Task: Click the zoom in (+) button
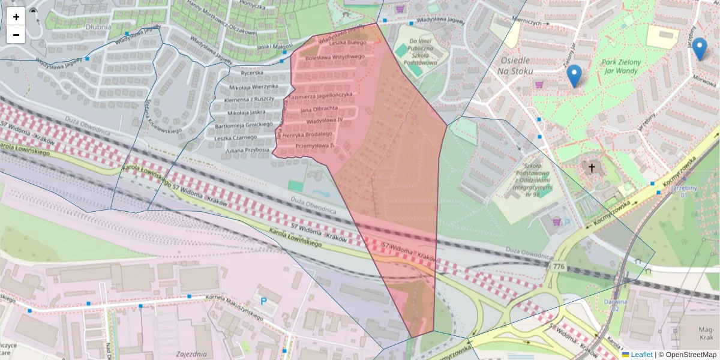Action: [x=16, y=16]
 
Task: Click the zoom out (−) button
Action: [x=16, y=34]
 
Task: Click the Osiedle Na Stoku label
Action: [x=514, y=65]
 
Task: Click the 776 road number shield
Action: [x=559, y=266]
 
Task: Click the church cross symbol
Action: [x=592, y=168]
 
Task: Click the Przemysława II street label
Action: [x=315, y=146]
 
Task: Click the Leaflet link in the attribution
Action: [x=641, y=355]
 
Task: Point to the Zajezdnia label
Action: [x=192, y=355]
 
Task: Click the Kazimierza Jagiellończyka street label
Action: [x=319, y=96]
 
